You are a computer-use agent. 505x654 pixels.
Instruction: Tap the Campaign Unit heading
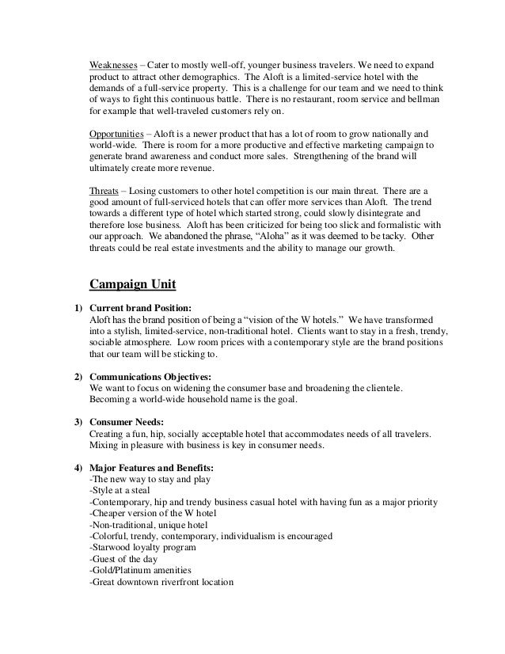pos(139,283)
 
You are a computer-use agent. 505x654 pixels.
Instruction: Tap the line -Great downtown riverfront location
pos(161,583)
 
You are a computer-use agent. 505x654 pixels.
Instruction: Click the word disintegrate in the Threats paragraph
pos(386,215)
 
